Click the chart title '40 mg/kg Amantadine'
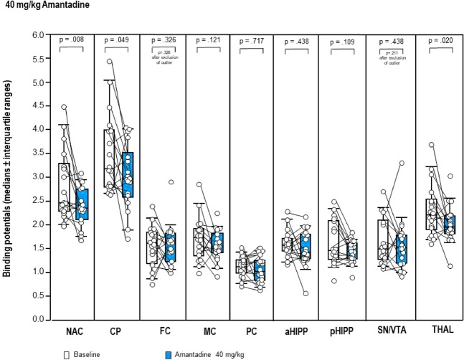38,5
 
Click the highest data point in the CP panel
109,62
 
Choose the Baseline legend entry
80,354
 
